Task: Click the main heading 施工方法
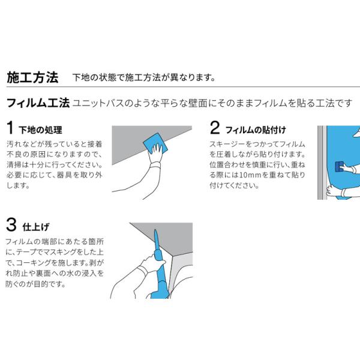[32, 77]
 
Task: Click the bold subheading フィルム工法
[38, 103]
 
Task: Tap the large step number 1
[10, 128]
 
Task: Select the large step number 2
[215, 128]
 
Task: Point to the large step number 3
[11, 225]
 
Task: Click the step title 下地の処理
[40, 130]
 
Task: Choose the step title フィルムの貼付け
[256, 130]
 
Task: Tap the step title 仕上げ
[36, 227]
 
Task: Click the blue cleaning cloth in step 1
[155, 143]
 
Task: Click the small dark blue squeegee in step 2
[340, 166]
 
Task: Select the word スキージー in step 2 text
[224, 145]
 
